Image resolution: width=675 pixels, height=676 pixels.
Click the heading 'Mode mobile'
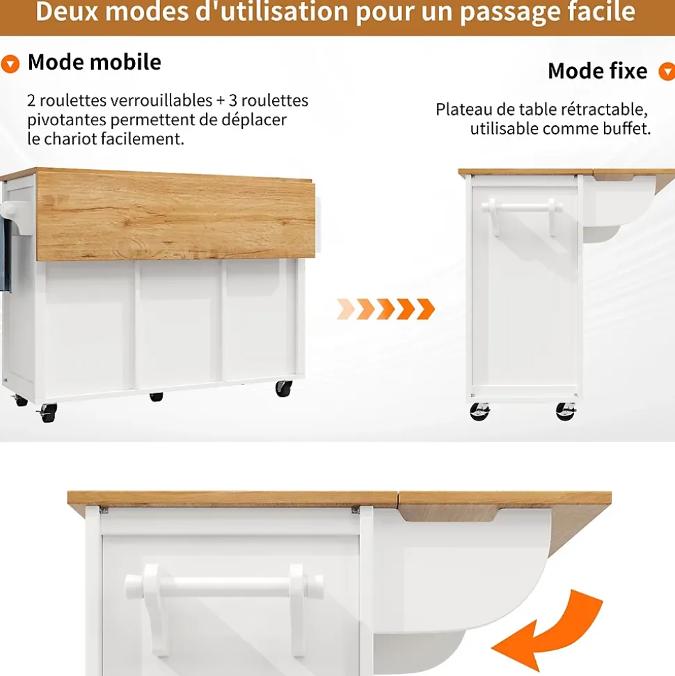94,63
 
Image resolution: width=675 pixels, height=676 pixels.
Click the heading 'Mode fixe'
597,71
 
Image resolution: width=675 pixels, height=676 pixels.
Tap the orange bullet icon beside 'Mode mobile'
10,65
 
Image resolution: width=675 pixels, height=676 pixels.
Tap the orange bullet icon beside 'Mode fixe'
667,72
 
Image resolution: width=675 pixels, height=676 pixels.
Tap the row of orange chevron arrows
386,308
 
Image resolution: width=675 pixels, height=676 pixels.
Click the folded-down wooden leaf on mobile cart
175,216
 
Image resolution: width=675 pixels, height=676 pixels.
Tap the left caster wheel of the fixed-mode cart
479,411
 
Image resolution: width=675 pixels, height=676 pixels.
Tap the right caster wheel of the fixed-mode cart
566,411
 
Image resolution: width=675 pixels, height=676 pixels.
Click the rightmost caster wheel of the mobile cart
283,388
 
